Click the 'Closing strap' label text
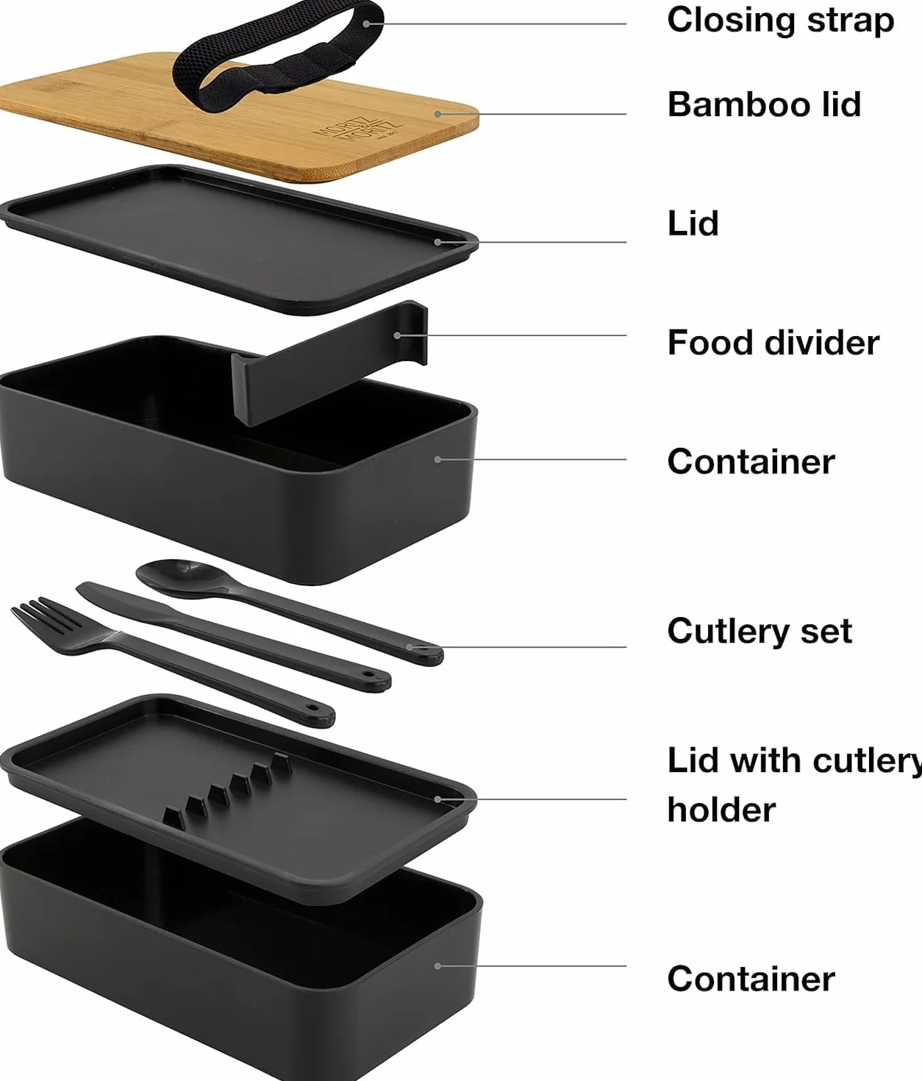pos(780,21)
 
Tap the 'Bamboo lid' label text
pos(764,104)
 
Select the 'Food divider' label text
pos(773,343)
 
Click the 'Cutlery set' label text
pos(760,631)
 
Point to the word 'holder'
pos(722,810)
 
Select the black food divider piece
pos(329,363)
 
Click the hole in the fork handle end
pos(312,708)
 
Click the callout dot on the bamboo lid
pos(438,113)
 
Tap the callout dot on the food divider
pos(398,335)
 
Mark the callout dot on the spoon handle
pos(410,647)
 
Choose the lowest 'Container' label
pos(751,979)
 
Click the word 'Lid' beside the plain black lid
pos(693,224)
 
